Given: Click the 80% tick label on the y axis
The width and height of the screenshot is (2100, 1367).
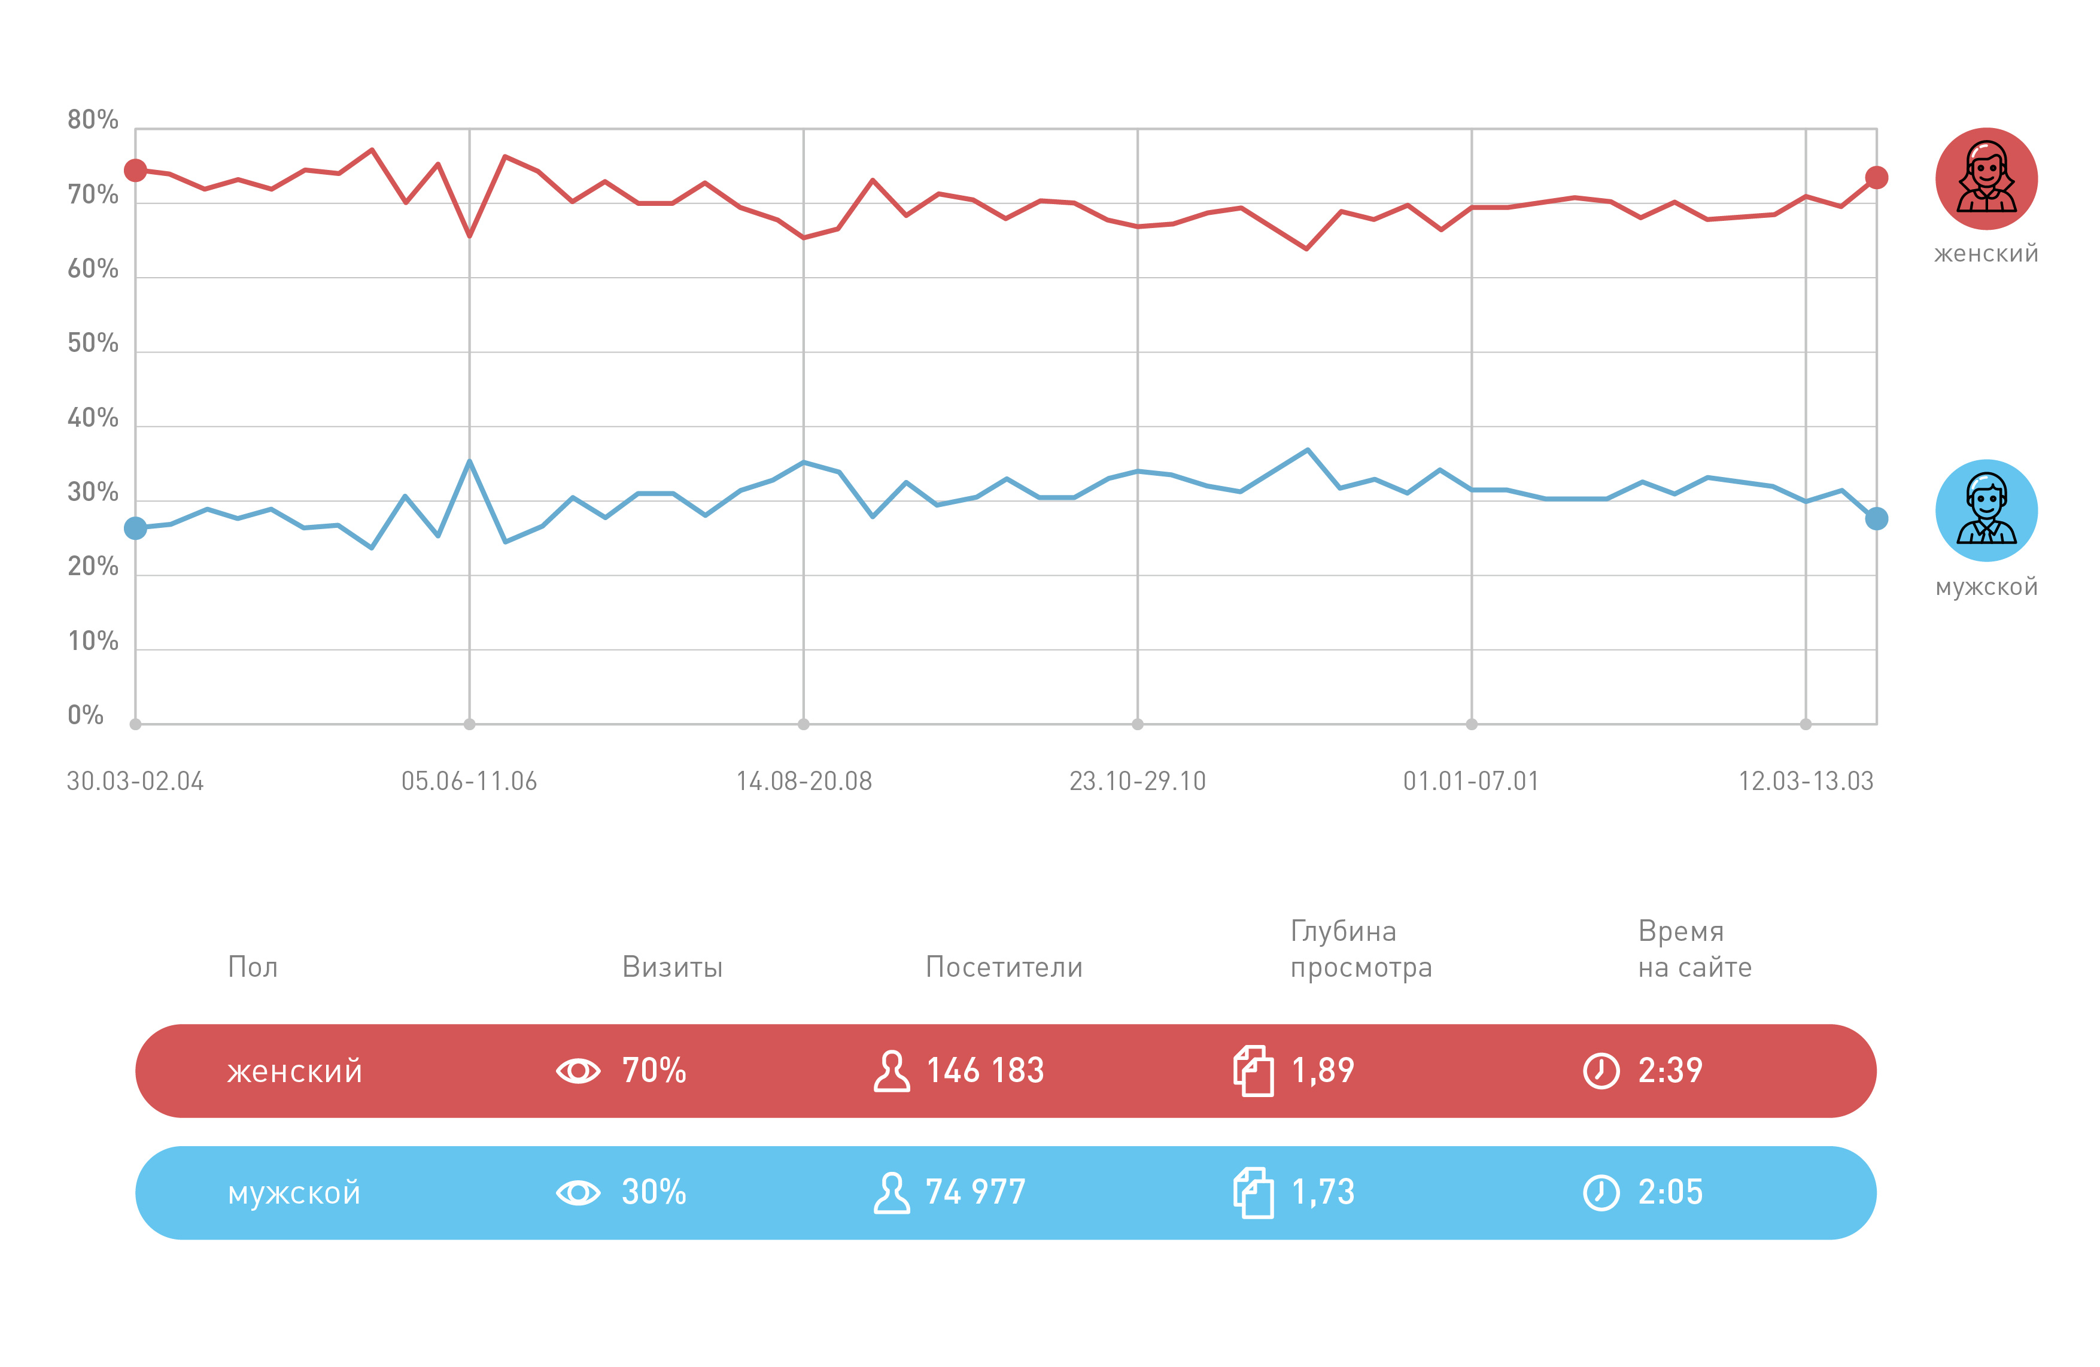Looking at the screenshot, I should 93,120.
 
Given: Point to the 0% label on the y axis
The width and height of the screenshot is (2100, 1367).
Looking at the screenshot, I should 86,715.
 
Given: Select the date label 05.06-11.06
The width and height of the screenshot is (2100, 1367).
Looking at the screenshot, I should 469,781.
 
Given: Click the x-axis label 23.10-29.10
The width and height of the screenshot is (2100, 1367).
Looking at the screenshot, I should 1137,781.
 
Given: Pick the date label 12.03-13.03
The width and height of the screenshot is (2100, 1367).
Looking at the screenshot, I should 1806,781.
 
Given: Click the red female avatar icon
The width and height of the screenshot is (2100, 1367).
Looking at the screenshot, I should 1986,178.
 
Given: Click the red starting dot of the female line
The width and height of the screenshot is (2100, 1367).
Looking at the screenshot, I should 135,171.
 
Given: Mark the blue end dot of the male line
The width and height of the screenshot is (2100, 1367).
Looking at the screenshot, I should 1877,519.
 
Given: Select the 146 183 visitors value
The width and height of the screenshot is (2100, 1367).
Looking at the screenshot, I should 984,1071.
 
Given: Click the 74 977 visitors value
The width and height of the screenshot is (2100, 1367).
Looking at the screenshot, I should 975,1192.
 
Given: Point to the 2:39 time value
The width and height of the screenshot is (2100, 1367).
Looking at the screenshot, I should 1670,1071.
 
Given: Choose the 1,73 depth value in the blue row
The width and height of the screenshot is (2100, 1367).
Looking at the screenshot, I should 1323,1192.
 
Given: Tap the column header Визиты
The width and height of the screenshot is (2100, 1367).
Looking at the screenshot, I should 672,967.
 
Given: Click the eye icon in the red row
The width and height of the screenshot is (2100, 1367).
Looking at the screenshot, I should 578,1071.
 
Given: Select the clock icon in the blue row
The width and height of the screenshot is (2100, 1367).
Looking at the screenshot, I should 1601,1193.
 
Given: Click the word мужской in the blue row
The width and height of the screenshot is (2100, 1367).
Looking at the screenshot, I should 294,1194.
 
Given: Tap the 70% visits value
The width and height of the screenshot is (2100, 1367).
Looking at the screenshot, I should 654,1071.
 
